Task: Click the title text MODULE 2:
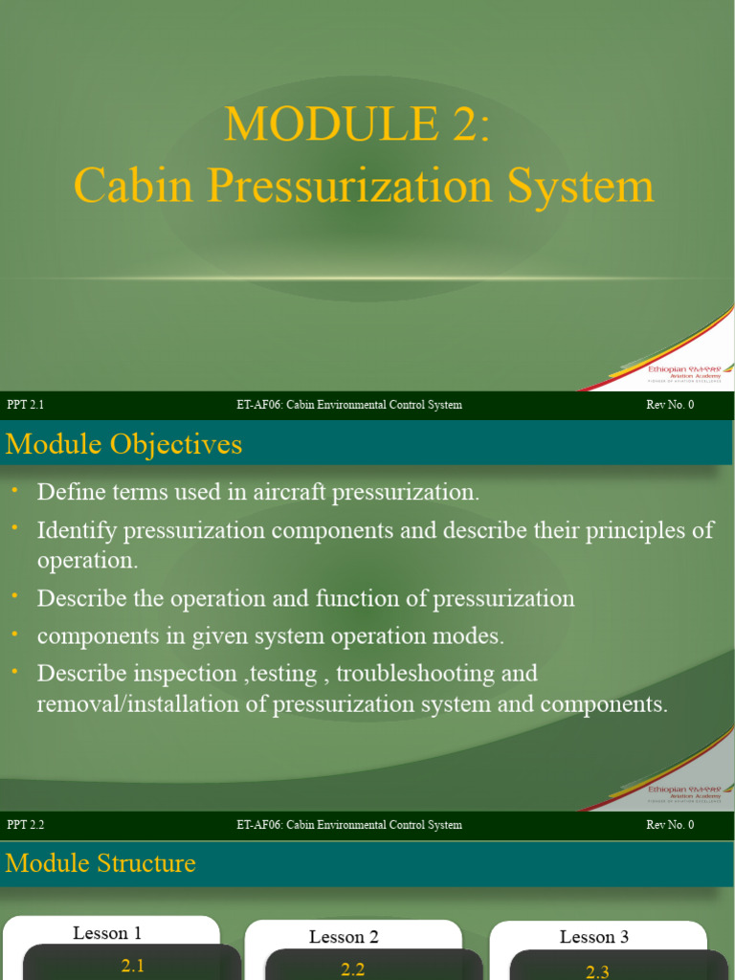pos(357,124)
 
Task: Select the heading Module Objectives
pos(123,444)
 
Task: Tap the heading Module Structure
pos(100,863)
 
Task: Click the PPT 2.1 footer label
pos(26,405)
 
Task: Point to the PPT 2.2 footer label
pos(26,825)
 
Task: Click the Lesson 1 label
pos(107,933)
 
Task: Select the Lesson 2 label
pos(344,937)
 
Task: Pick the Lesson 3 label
pos(594,937)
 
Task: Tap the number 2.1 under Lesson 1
pos(133,966)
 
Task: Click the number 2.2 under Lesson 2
pos(353,969)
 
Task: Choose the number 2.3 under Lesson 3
pos(598,971)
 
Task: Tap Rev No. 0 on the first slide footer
pos(670,405)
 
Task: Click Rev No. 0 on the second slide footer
pos(670,825)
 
